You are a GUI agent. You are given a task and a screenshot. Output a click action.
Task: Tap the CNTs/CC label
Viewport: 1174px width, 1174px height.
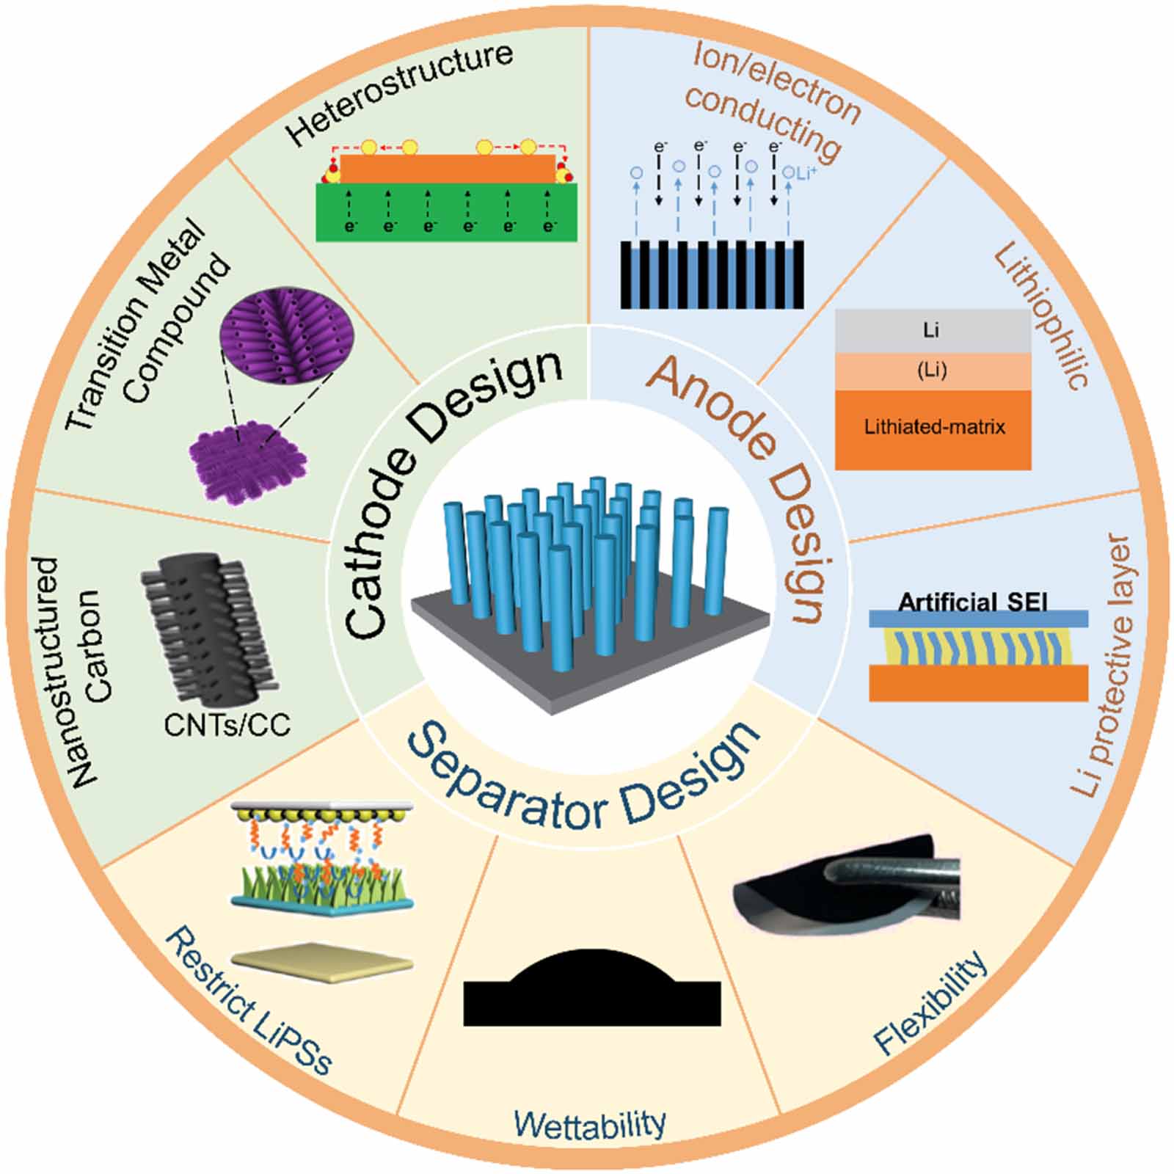pos(227,725)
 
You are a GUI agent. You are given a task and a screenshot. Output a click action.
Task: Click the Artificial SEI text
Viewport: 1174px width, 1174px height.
pos(973,602)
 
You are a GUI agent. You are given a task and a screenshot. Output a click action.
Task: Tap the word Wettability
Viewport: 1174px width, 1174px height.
pos(589,1123)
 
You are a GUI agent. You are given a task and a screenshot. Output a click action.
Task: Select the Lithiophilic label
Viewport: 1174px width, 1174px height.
pos(1042,316)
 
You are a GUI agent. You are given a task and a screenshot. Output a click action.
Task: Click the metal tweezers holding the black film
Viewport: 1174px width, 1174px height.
pos(903,880)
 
